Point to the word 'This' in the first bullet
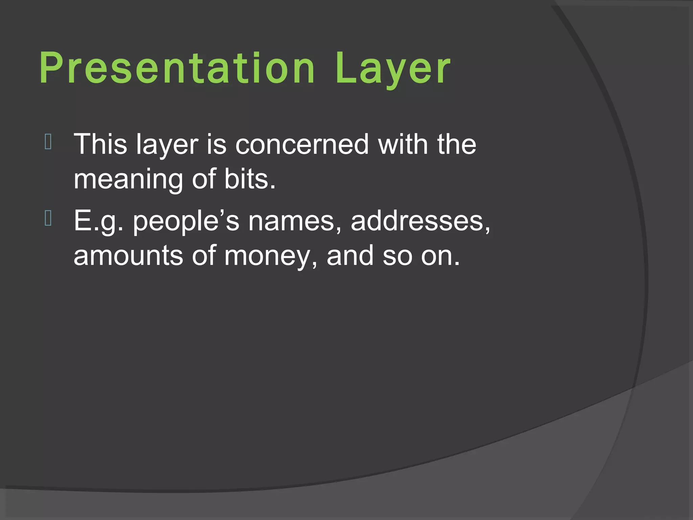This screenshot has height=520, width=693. pos(100,144)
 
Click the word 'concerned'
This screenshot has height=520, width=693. pos(302,144)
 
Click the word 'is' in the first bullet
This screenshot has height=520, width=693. pos(217,144)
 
